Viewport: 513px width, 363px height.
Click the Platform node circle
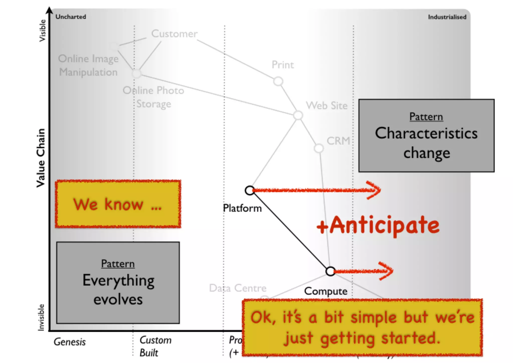250,191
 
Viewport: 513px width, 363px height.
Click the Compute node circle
330,271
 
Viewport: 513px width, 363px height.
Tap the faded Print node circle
278,81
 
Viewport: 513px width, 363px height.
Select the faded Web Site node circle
298,115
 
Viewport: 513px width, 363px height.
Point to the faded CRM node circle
319,148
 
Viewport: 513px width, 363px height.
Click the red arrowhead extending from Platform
374,190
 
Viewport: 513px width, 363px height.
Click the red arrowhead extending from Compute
387,271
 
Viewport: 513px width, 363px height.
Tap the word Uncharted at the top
71,17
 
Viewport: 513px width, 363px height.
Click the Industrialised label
447,17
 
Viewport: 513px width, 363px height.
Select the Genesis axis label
70,342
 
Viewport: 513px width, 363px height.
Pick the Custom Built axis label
155,346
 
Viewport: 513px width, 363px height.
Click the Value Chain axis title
41,158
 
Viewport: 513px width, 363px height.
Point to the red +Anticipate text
378,225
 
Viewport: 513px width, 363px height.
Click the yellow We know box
118,204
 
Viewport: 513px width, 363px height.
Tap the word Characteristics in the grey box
426,133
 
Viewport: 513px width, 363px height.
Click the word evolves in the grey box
118,300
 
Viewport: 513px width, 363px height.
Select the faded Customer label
174,34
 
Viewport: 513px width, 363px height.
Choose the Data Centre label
238,288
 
